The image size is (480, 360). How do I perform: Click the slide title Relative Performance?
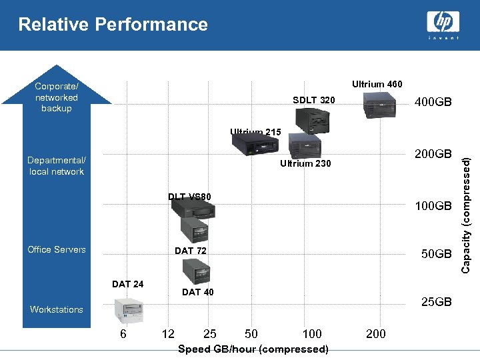(113, 25)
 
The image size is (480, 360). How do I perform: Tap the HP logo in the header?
(443, 24)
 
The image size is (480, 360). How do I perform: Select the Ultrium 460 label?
(377, 84)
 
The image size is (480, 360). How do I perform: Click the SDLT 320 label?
(314, 100)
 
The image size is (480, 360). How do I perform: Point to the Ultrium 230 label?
(305, 163)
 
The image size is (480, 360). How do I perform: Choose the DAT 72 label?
(190, 251)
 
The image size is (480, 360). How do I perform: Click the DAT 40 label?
(198, 292)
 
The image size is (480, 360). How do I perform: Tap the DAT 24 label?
(127, 284)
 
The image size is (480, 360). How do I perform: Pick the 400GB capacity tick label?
(433, 103)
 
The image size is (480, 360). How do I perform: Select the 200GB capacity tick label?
(433, 153)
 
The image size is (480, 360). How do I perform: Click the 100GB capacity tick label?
(433, 206)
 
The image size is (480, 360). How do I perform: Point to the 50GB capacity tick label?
(436, 254)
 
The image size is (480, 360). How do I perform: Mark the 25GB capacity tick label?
(436, 302)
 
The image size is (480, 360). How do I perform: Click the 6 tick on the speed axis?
(123, 333)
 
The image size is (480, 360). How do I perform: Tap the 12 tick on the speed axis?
(169, 333)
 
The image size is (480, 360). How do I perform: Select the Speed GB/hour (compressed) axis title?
(253, 349)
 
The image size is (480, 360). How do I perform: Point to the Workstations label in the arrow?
(57, 309)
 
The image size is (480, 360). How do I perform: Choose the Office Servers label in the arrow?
(57, 249)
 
